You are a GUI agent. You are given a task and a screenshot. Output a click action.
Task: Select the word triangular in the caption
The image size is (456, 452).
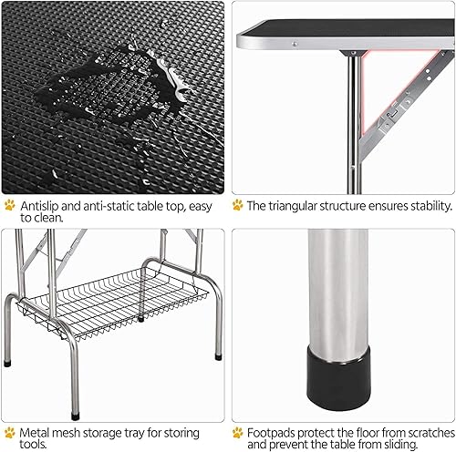click(302, 205)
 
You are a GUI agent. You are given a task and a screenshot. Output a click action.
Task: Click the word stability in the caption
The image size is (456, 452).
click(423, 205)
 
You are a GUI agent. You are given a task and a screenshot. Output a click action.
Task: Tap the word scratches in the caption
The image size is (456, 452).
click(423, 431)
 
